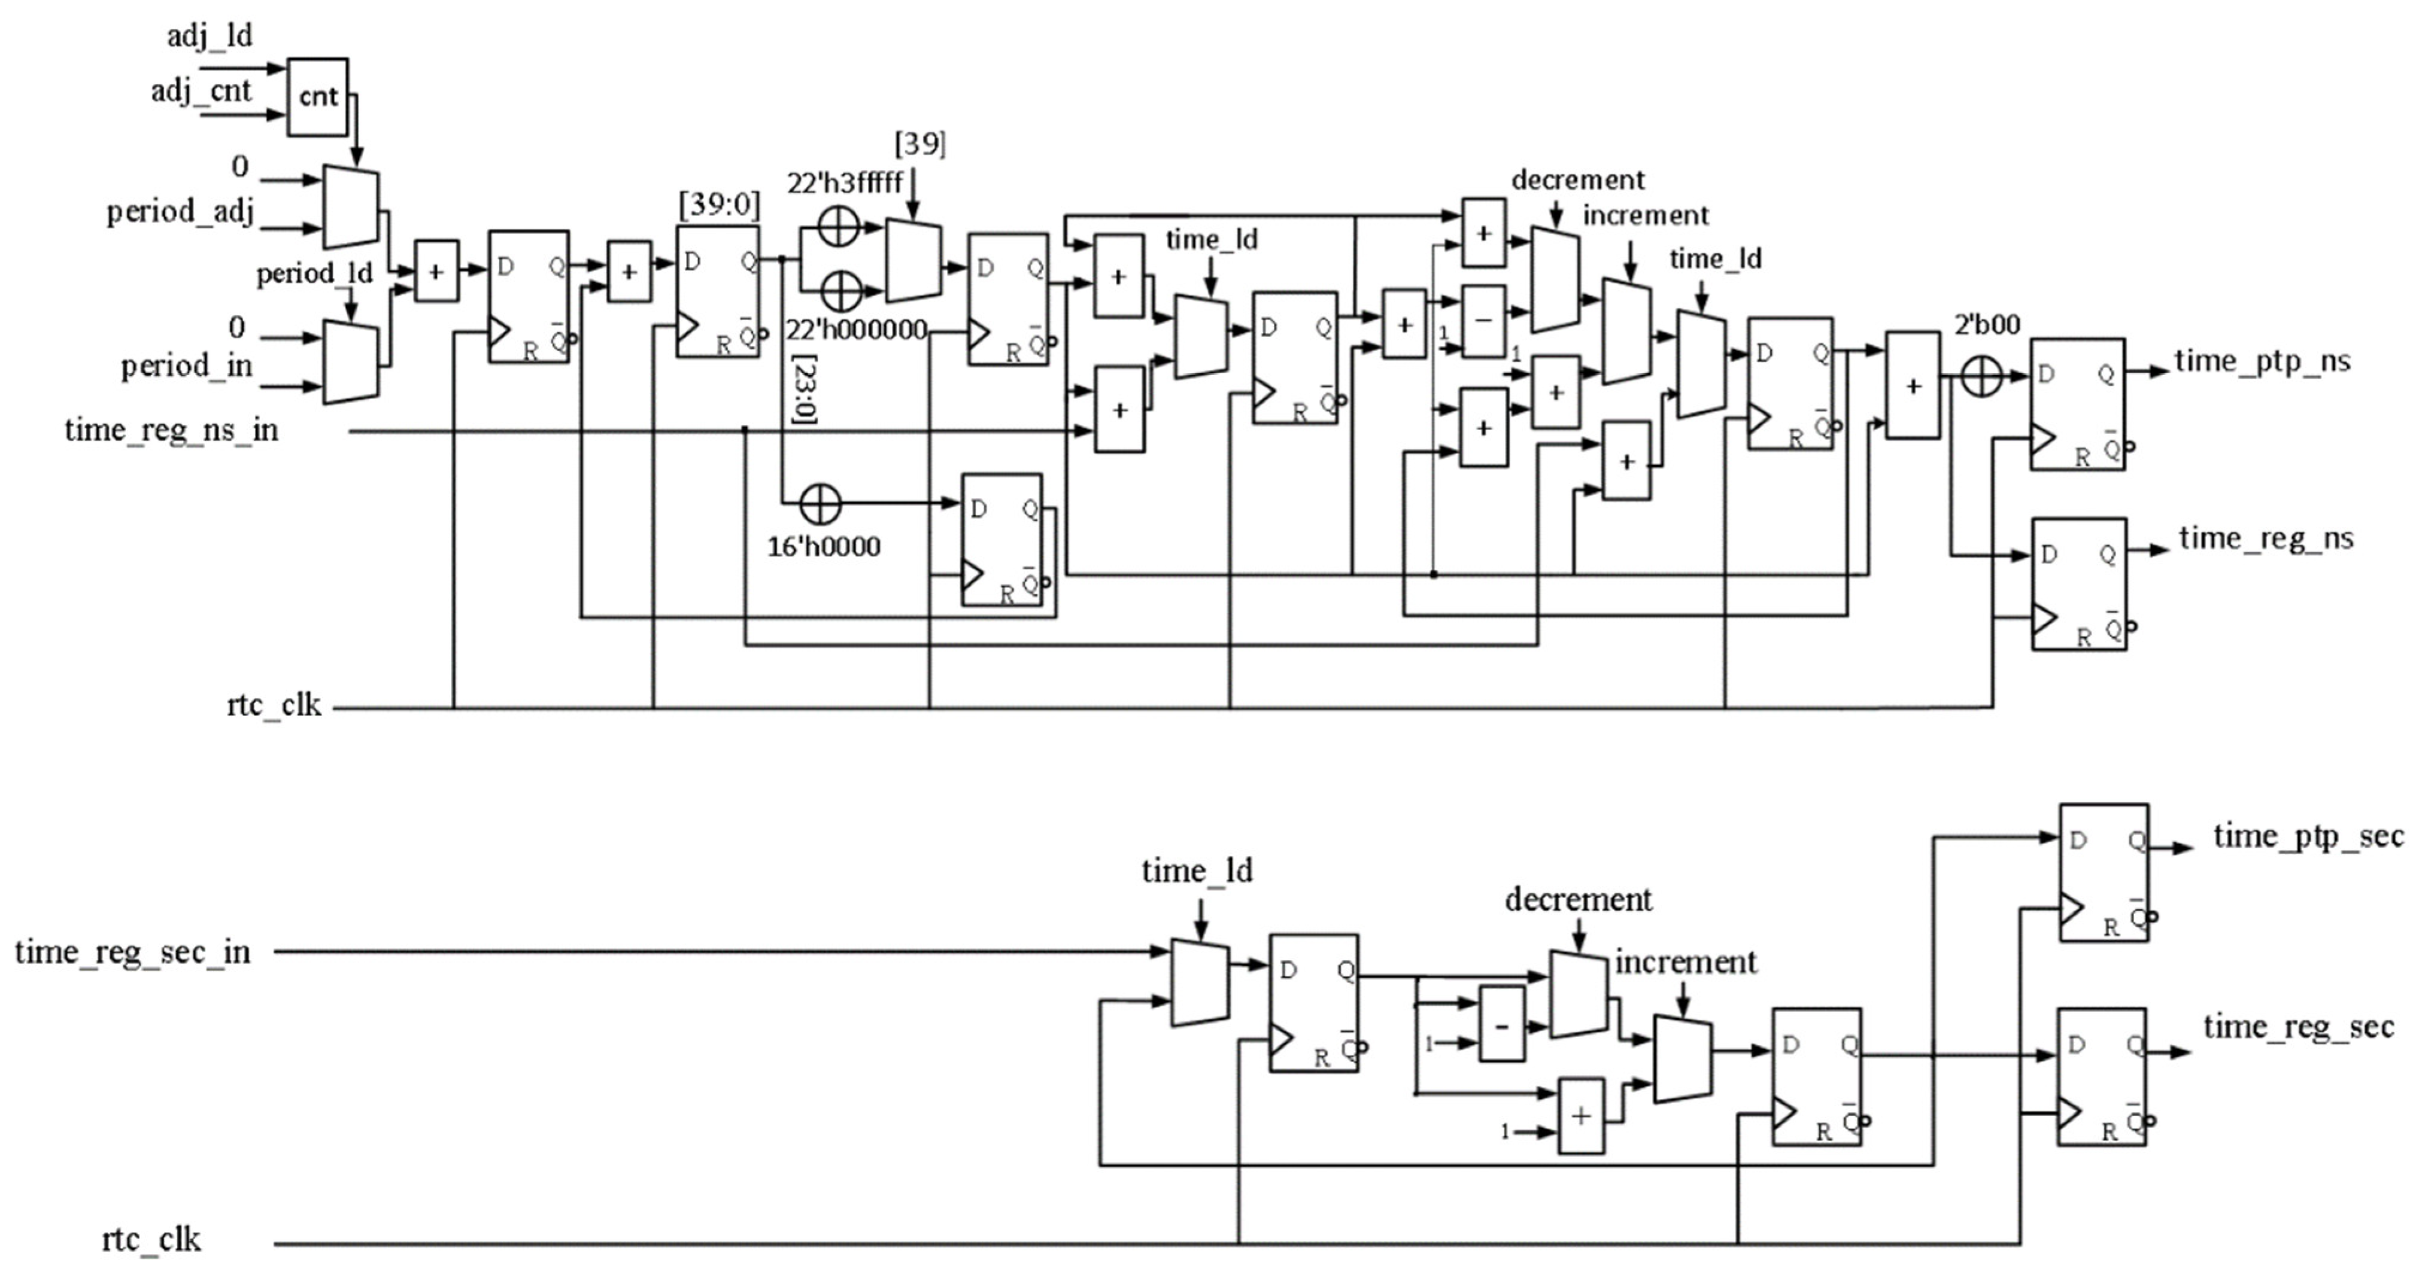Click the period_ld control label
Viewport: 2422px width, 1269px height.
(x=314, y=273)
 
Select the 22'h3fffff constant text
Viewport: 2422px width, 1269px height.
(x=844, y=182)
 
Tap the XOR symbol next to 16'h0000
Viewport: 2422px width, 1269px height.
(x=820, y=505)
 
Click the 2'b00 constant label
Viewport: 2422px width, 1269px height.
(x=1987, y=325)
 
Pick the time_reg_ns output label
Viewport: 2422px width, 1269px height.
(x=2266, y=538)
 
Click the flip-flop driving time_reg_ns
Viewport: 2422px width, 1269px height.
(x=2079, y=584)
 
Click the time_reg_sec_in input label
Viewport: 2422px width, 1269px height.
(x=132, y=952)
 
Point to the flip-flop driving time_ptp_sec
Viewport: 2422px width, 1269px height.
(x=2104, y=872)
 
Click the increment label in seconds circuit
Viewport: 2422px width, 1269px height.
(x=1685, y=961)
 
